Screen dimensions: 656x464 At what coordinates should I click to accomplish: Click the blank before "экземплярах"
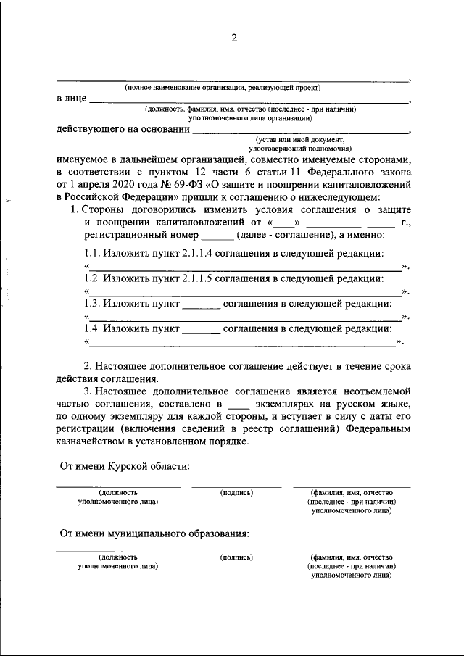point(238,402)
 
